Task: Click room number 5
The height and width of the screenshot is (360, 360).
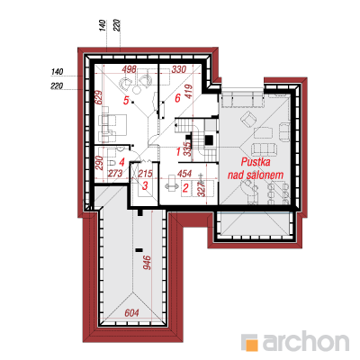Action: [x=126, y=101]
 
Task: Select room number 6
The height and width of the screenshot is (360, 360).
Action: [x=177, y=98]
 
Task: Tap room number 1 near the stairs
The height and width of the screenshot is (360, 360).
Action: [x=178, y=152]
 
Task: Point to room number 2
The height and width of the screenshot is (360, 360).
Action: [x=185, y=188]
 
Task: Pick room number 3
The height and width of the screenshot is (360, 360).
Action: [x=145, y=185]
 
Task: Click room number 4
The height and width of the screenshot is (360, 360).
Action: [x=121, y=162]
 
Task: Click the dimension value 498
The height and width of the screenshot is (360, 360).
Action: [x=130, y=69]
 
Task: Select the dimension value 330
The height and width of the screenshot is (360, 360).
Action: [x=179, y=69]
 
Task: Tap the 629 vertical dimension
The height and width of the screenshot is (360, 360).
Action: [x=99, y=97]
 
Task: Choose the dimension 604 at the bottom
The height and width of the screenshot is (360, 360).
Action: [x=131, y=313]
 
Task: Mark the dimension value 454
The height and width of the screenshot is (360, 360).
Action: [x=184, y=174]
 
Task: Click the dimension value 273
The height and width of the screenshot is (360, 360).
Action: [x=115, y=174]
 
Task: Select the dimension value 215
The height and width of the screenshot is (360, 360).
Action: [x=145, y=174]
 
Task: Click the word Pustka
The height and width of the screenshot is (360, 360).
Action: [x=256, y=162]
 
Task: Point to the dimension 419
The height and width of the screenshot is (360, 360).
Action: [x=189, y=91]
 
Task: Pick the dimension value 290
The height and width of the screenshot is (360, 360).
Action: [x=100, y=163]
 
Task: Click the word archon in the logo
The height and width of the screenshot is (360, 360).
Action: [x=306, y=340]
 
